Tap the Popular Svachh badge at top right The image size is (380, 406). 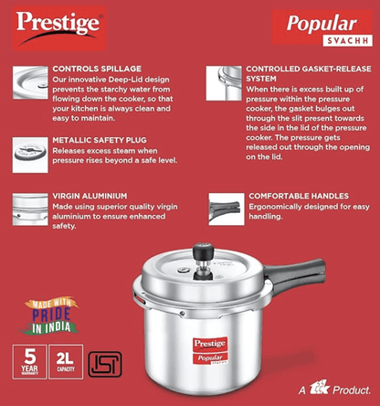(314, 27)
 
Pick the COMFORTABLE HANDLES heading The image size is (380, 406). (297, 197)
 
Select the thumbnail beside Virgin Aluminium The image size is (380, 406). (27, 204)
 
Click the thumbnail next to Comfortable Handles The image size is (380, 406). (224, 207)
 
